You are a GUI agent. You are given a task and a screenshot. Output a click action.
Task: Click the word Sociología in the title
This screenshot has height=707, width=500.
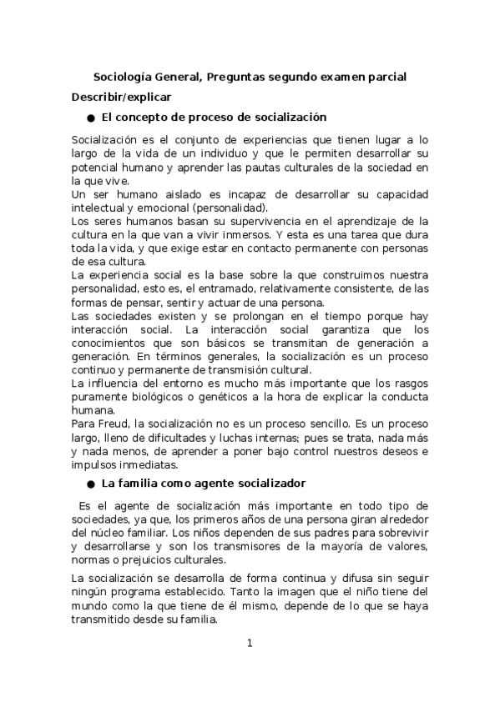[122, 77]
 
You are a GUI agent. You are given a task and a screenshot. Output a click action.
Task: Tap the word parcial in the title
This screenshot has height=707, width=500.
[386, 77]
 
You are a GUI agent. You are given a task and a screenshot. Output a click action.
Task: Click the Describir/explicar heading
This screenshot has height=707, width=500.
[121, 97]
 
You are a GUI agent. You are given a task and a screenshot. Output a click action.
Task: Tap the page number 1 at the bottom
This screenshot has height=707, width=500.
[250, 643]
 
